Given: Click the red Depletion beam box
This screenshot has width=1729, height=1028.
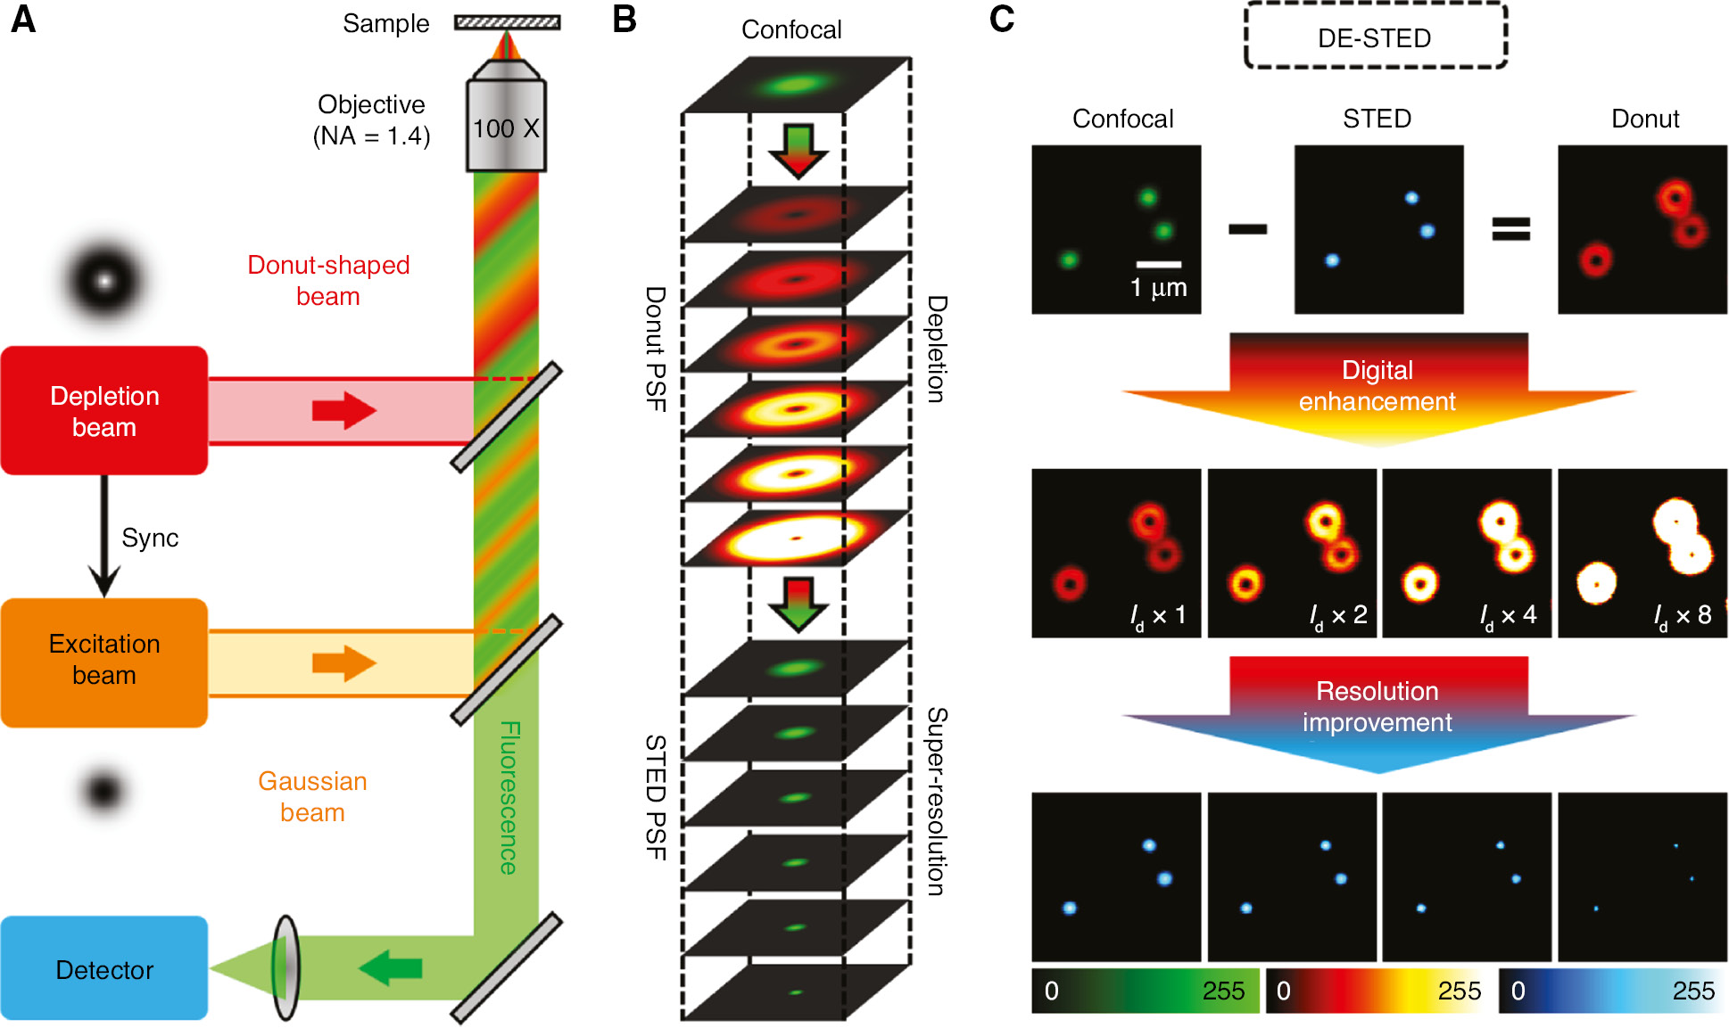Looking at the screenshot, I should (x=103, y=410).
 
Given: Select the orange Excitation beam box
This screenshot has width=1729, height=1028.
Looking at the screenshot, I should (x=103, y=662).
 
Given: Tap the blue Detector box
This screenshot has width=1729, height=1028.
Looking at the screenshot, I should (x=103, y=968).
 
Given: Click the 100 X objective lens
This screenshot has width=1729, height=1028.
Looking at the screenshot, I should (x=506, y=127).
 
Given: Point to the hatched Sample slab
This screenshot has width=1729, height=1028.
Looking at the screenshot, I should (x=507, y=22).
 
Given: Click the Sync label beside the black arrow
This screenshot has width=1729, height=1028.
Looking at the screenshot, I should (x=150, y=538).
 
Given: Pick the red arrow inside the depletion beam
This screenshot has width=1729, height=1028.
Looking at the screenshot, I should (x=344, y=410).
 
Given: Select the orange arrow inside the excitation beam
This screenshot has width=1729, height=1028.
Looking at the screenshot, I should (x=344, y=663).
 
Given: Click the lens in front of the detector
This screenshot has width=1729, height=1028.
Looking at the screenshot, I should (x=285, y=967).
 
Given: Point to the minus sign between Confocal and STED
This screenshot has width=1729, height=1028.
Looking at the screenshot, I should (x=1247, y=229).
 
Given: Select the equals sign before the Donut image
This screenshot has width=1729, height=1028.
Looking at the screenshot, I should (x=1510, y=229).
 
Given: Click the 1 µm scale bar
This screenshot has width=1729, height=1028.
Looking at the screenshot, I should (x=1158, y=264).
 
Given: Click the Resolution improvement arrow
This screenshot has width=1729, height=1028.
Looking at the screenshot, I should (x=1377, y=709).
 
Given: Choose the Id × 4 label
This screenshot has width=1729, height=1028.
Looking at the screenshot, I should (x=1508, y=615).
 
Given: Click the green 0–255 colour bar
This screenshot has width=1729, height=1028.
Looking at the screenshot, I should (x=1145, y=991).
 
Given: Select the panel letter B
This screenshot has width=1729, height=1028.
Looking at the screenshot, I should (x=625, y=20).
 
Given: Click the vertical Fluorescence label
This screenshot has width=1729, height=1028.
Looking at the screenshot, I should (x=509, y=797).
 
